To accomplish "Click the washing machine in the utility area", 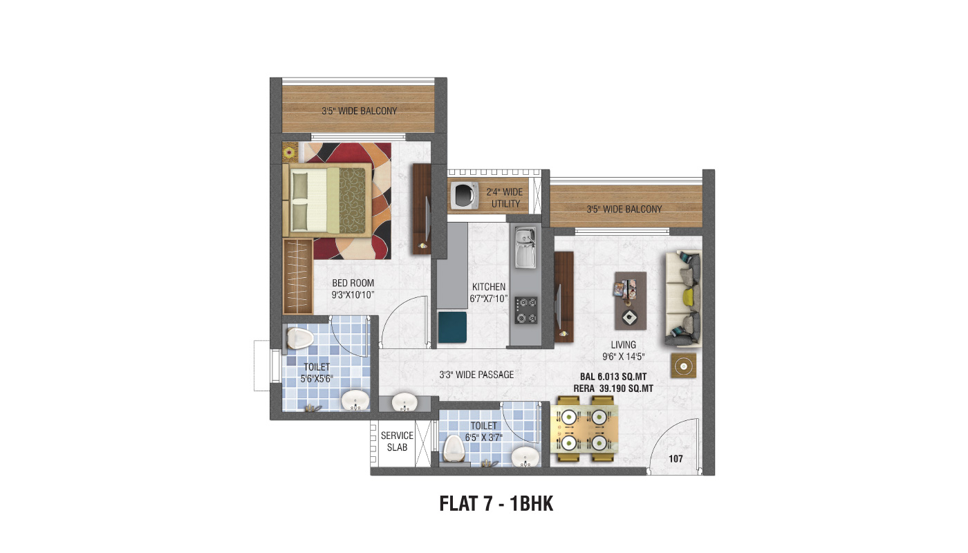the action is [x=465, y=195].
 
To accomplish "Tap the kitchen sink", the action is [x=525, y=247].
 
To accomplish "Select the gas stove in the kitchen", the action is [x=526, y=310].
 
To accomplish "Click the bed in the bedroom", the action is [x=327, y=200].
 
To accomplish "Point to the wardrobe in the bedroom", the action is [x=298, y=276].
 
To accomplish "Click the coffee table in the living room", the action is [x=631, y=300].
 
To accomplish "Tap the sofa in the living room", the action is [x=683, y=299].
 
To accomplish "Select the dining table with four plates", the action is [x=584, y=429].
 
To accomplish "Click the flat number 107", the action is [x=676, y=459].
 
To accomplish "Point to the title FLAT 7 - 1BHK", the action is [x=496, y=504].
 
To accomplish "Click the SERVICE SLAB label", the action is [x=397, y=441].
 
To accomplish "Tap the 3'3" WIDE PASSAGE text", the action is [x=476, y=375].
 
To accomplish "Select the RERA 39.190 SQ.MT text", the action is [x=613, y=388].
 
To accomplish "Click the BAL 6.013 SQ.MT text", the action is [x=613, y=377].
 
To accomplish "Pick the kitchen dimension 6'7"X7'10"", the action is [x=489, y=299].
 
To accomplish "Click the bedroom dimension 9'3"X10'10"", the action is [x=353, y=295].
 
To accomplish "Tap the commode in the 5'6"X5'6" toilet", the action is [x=300, y=338].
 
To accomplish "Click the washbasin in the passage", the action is [x=404, y=402].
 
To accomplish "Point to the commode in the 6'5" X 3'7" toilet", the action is [x=453, y=449].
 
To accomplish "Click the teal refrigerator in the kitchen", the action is [x=452, y=327].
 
